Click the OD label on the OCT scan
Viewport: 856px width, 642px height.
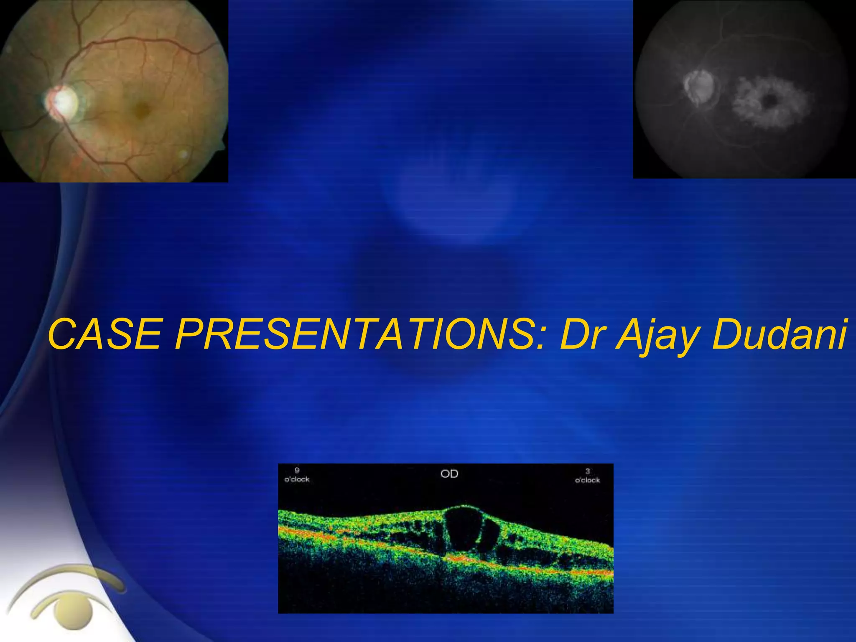[449, 474]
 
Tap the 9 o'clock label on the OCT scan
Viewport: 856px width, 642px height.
[297, 476]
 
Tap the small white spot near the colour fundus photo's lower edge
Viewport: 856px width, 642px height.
[183, 154]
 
